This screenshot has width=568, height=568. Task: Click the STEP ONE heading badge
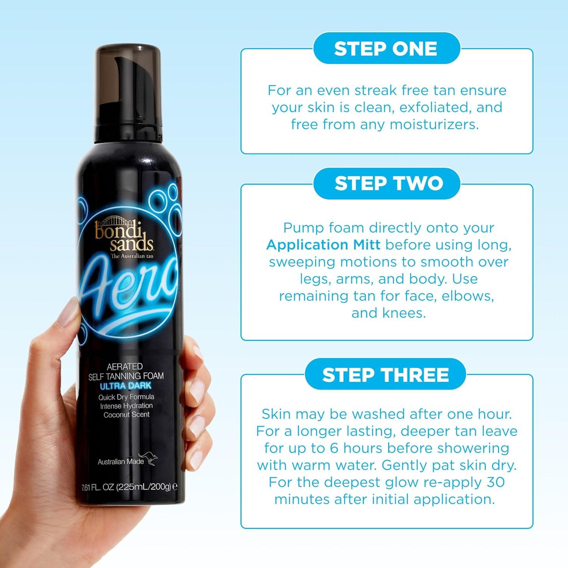pyautogui.click(x=386, y=48)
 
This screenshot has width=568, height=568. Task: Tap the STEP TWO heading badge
pyautogui.click(x=386, y=183)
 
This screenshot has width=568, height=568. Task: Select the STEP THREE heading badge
pyautogui.click(x=385, y=375)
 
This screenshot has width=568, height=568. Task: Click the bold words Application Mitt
pyautogui.click(x=323, y=245)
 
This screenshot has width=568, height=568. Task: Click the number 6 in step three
pyautogui.click(x=334, y=448)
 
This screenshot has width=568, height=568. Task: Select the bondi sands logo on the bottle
pyautogui.click(x=124, y=235)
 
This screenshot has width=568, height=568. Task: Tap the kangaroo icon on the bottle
pyautogui.click(x=147, y=459)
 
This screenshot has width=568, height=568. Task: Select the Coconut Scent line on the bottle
pyautogui.click(x=126, y=414)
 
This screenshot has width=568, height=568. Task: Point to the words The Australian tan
pyautogui.click(x=131, y=256)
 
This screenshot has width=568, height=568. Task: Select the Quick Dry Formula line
pyautogui.click(x=126, y=397)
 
